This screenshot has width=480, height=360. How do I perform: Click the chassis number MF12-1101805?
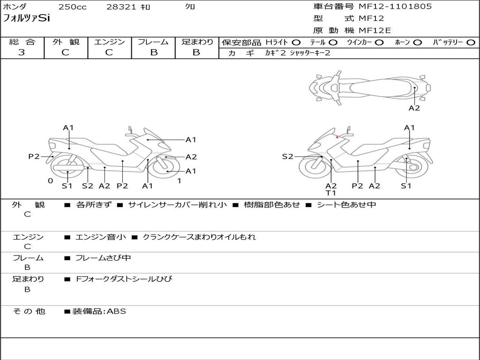pos(395,7)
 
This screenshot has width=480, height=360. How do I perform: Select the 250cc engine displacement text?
pos(72,7)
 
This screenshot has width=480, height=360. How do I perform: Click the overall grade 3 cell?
pos(22,52)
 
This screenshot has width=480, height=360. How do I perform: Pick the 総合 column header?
pos(22,42)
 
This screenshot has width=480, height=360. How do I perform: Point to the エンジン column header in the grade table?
pos(109,42)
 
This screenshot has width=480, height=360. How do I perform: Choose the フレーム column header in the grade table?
pos(153,42)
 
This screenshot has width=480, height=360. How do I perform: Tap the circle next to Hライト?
pos(296,43)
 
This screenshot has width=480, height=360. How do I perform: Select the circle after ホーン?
pos(418,43)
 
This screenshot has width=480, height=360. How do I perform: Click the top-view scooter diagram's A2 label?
pos(414,108)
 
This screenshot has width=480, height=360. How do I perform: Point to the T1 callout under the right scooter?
pos(331,193)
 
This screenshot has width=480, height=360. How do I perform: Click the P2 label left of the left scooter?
pos(34,157)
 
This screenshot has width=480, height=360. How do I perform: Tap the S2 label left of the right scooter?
pos(287,157)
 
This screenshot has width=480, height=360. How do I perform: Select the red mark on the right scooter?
pos(337,137)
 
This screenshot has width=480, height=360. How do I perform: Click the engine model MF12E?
pos(375,30)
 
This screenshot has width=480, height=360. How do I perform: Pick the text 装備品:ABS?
pos(99,311)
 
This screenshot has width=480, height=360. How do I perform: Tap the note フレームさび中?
pos(103,258)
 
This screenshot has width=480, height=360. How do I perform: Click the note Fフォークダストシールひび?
pos(124,279)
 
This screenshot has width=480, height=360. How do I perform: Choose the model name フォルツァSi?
pos(26,18)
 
